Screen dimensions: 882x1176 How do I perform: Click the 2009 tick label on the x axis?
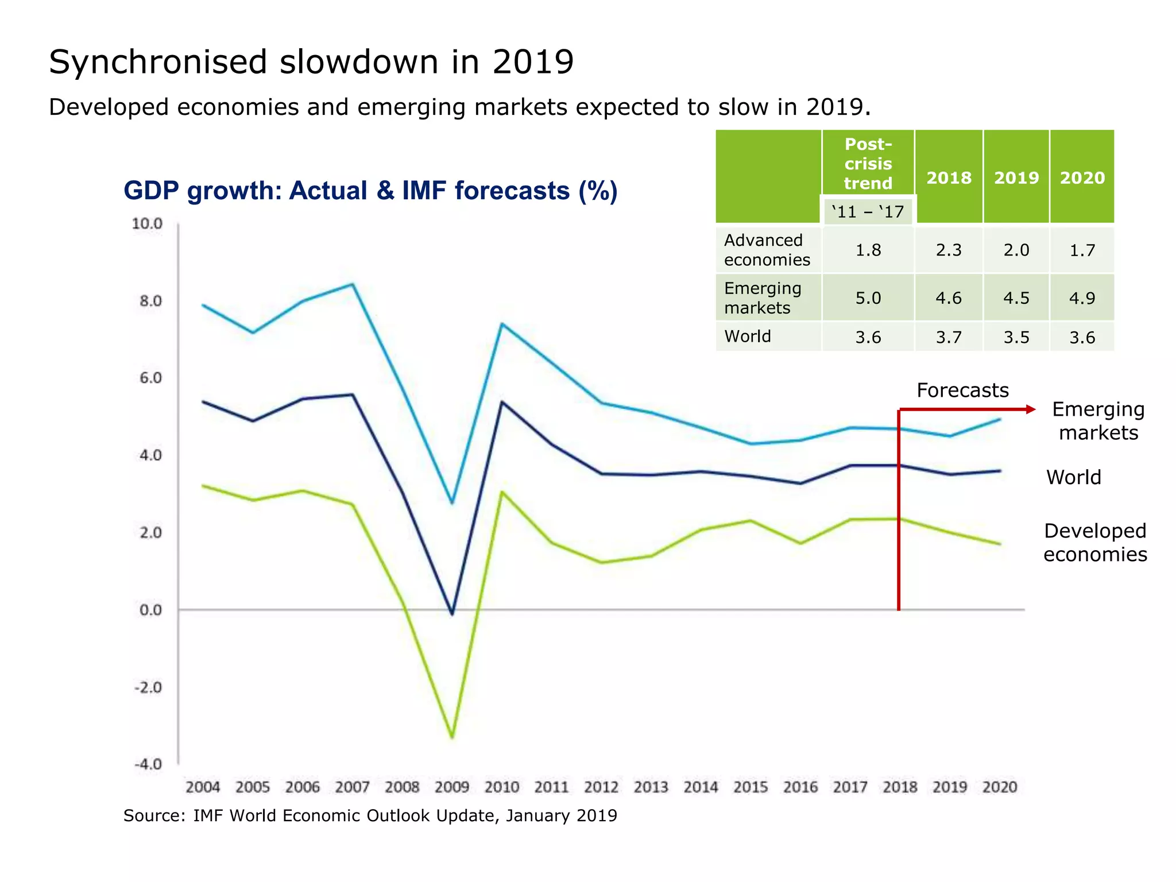(x=451, y=787)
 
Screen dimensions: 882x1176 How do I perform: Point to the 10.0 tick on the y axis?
(x=147, y=224)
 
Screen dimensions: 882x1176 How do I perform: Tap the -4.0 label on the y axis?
(x=148, y=764)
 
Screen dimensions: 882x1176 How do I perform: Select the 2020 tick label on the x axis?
(x=999, y=787)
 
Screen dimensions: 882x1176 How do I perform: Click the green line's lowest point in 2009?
(x=452, y=737)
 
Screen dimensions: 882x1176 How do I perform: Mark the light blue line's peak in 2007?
(x=353, y=284)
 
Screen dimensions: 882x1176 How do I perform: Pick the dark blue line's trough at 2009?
(x=452, y=614)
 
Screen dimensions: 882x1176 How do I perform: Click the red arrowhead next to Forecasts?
(x=1031, y=409)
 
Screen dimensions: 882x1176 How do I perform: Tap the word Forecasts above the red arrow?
(x=962, y=390)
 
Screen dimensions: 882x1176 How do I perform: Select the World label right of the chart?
(x=1073, y=478)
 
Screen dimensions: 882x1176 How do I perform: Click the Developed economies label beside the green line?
(x=1094, y=543)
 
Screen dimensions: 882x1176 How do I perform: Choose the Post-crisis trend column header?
(x=868, y=164)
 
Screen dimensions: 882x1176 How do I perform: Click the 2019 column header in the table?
(x=1016, y=178)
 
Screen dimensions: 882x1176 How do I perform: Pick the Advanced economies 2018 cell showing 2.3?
(x=948, y=250)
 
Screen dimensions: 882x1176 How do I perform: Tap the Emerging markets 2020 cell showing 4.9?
(x=1082, y=298)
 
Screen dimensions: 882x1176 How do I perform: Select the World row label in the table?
(x=748, y=336)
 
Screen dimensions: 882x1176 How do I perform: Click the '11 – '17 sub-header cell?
(x=868, y=212)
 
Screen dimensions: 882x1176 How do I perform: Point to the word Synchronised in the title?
(x=158, y=62)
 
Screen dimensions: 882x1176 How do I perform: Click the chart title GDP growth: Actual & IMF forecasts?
(x=370, y=191)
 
